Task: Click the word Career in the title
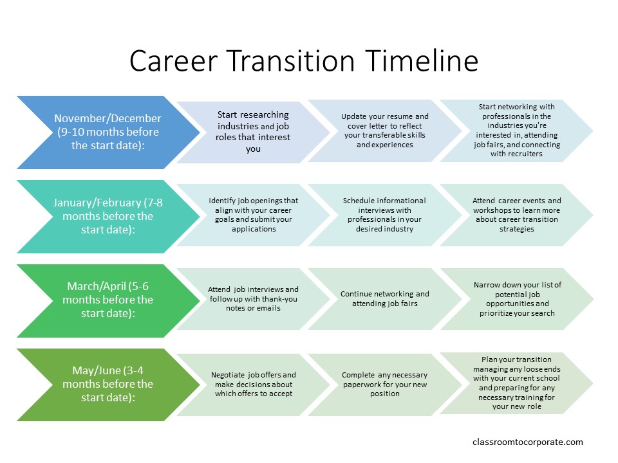(173, 61)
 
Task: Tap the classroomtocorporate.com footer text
(527, 442)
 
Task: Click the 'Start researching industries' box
(253, 132)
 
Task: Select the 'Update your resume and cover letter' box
(385, 131)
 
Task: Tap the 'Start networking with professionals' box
(516, 131)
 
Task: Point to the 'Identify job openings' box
(253, 215)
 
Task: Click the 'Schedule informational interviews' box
(385, 215)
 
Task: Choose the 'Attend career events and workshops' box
(516, 215)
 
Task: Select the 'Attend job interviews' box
(253, 299)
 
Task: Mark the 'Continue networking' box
(385, 299)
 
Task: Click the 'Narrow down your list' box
(516, 299)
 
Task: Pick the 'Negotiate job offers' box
(253, 385)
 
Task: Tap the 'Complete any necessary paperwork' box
(385, 385)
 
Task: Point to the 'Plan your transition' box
(516, 383)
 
